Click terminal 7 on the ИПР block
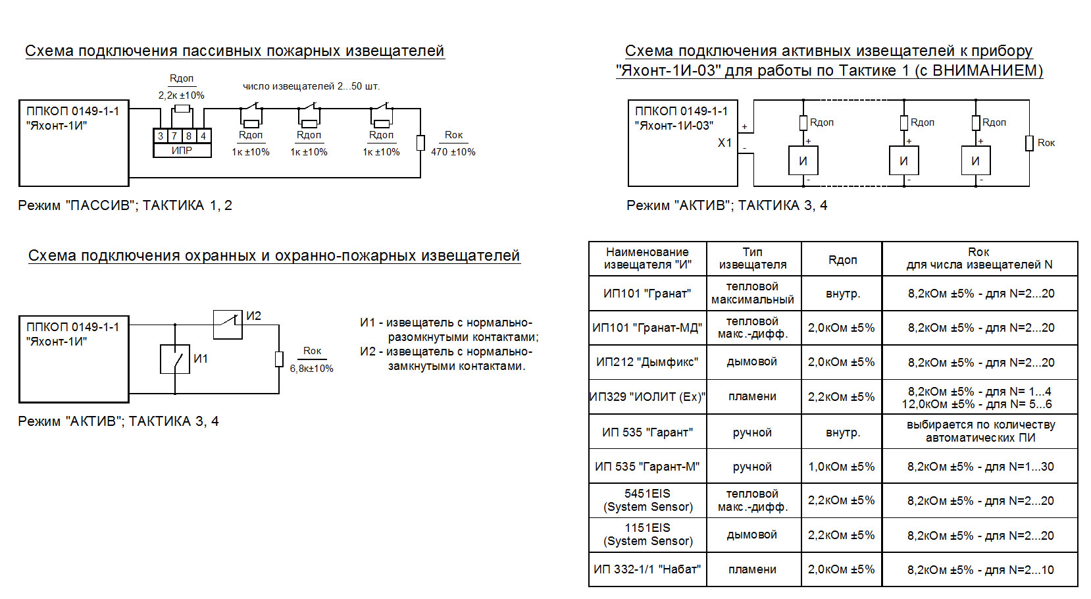tap(174, 136)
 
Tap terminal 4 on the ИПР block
tap(203, 136)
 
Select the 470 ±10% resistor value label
tap(453, 152)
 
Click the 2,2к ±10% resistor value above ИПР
tap(181, 95)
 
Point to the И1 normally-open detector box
tap(175, 359)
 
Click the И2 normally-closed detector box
tap(228, 325)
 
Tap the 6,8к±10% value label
tap(312, 369)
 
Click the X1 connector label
tap(724, 143)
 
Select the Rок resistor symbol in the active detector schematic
tap(1029, 143)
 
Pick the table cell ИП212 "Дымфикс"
tap(647, 362)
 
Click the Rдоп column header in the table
tap(842, 259)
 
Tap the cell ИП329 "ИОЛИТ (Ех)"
tap(647, 397)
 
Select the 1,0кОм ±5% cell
tap(842, 467)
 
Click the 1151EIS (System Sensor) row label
tap(647, 534)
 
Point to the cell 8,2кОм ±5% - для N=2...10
tap(980, 570)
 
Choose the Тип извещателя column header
tap(753, 258)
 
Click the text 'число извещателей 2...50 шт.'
tap(311, 86)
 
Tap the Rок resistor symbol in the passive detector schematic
tap(421, 143)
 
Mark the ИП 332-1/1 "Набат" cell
tap(647, 569)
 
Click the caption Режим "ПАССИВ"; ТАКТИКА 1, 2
tap(125, 205)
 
